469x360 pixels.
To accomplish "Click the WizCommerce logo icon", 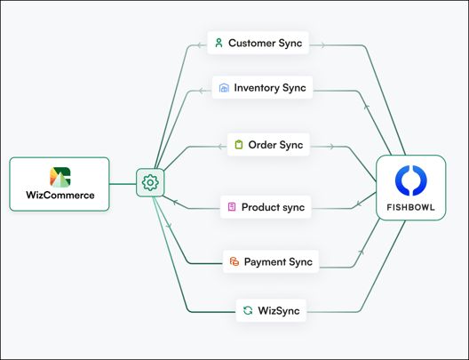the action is click(60, 177).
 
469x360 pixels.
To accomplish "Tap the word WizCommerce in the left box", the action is click(60, 196).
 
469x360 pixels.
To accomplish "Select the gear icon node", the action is click(150, 182).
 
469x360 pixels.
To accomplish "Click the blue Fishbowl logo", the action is click(411, 180).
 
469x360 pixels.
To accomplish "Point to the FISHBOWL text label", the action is click(410, 207).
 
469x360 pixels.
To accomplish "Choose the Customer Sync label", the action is click(265, 43).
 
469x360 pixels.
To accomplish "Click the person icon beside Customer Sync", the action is click(219, 43).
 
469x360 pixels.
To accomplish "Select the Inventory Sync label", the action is click(270, 88).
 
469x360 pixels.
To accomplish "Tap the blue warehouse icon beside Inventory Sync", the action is click(224, 88).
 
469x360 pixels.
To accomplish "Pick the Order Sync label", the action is click(275, 145).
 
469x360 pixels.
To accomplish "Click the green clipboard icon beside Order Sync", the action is click(239, 145).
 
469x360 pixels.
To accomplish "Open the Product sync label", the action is click(273, 207).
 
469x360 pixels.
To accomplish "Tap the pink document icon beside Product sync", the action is click(232, 207).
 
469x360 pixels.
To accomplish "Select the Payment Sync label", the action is click(278, 262).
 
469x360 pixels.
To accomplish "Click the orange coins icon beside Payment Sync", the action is click(234, 261).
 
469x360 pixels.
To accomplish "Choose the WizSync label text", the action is click(279, 310).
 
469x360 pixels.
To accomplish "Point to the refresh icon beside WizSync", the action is click(248, 310).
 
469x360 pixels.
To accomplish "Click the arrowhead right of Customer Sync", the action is click(322, 45).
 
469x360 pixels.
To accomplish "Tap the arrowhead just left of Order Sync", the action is click(220, 147).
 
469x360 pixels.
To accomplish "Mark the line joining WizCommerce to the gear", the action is click(123, 184).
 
